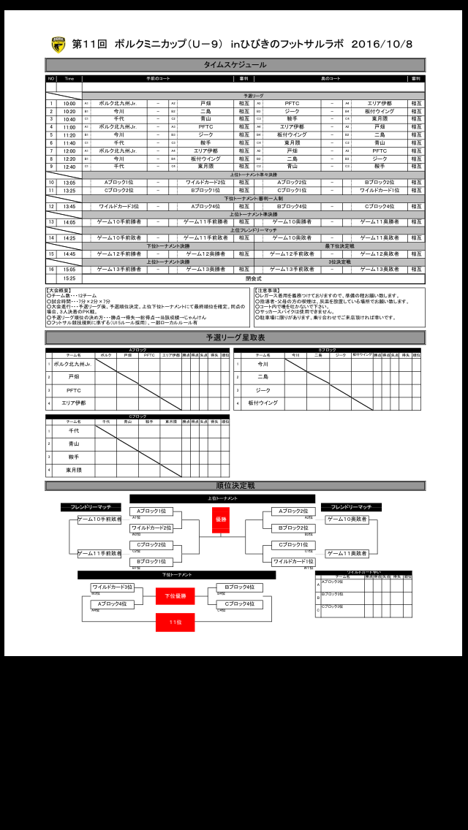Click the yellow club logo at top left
coord(58,45)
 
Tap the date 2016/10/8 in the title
coord(382,45)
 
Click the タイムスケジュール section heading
coord(235,64)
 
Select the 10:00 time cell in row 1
coord(69,104)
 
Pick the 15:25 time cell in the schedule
coord(69,278)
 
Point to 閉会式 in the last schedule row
coord(253,278)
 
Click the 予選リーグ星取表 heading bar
coord(235,338)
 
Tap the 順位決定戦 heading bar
coord(235,486)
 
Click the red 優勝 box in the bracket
coord(221,520)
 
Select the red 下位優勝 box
coord(175,596)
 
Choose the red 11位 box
coord(175,622)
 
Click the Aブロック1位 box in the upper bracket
coord(151,511)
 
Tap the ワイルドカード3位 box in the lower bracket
coord(112,587)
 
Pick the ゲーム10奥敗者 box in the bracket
coord(347,519)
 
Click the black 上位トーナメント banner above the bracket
coord(222,499)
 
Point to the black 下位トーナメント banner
coord(177,575)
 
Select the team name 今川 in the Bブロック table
coord(263,364)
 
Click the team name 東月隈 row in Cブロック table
coord(73,471)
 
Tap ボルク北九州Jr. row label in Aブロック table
coord(72,364)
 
